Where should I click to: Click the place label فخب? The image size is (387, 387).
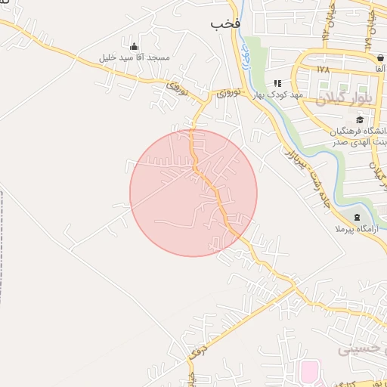(x=225, y=24)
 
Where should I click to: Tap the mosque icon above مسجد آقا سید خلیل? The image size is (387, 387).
(x=135, y=46)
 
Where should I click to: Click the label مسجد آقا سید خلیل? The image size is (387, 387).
(x=135, y=57)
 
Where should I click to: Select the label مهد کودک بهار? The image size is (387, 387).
(x=278, y=94)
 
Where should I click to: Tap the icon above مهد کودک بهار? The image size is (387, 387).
(x=277, y=83)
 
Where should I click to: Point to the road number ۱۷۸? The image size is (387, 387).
(x=324, y=70)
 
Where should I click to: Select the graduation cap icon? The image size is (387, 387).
(x=360, y=119)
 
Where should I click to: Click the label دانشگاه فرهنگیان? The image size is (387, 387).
(x=358, y=131)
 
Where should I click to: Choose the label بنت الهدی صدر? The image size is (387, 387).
(x=358, y=142)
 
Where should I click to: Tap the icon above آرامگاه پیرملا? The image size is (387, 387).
(x=357, y=218)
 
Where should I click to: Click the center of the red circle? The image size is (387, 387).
(x=193, y=193)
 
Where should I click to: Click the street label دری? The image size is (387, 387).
(x=197, y=350)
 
